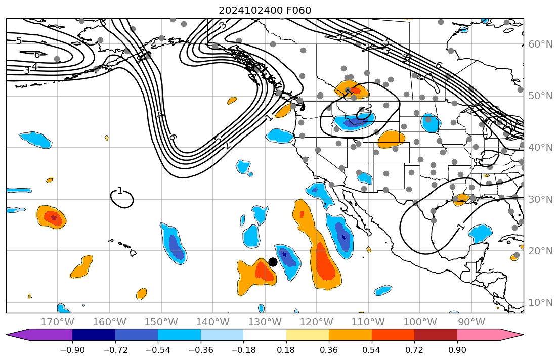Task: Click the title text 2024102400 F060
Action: [265, 11]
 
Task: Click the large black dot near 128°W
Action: [273, 262]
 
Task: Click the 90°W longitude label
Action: [471, 322]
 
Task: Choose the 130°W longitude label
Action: [265, 322]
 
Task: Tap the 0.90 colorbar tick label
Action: [457, 350]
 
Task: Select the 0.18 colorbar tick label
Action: [286, 350]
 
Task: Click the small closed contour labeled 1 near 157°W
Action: [122, 199]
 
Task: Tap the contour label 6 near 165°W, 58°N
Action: [37, 55]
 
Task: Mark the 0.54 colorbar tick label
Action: [372, 350]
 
